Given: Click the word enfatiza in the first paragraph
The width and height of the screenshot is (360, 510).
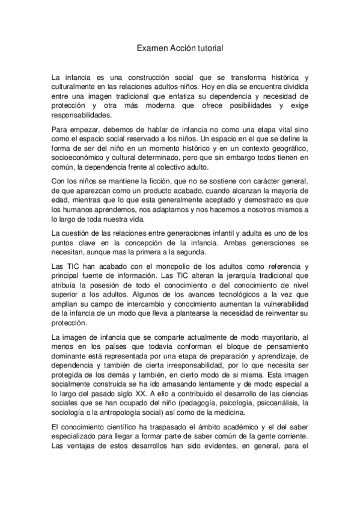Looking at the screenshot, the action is pos(187,96).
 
